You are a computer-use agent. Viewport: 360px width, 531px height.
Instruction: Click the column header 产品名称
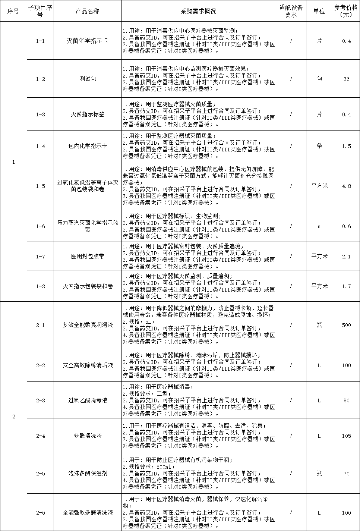87,11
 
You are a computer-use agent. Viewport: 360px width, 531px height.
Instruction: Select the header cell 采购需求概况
198,11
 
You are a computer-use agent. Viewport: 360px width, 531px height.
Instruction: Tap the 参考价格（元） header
346,11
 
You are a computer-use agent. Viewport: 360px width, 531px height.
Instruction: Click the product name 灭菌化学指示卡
87,41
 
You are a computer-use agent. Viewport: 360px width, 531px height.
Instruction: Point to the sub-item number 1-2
40,79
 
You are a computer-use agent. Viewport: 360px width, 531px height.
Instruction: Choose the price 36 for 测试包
346,79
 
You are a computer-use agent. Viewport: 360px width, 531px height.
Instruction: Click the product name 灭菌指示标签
87,114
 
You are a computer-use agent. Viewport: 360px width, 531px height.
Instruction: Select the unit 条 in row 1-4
319,146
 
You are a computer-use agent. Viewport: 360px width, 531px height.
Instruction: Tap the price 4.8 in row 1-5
346,186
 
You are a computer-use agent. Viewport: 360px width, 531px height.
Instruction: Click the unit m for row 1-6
319,226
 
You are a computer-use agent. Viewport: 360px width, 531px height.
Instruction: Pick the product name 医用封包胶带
87,257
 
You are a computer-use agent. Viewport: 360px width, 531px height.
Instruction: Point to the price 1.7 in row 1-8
346,286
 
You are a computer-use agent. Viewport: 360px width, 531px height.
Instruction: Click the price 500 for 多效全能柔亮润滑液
346,325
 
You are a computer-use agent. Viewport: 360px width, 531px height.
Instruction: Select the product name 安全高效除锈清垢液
87,365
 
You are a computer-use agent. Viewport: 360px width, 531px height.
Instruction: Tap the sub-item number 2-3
40,400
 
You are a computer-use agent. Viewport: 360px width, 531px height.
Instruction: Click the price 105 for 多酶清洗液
346,436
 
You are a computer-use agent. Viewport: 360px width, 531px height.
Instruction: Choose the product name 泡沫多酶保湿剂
87,474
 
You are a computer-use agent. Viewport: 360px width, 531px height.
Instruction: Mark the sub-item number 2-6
40,513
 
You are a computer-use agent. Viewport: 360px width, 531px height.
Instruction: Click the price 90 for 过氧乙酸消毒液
346,400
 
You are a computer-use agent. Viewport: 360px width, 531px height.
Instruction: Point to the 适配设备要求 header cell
291,11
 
